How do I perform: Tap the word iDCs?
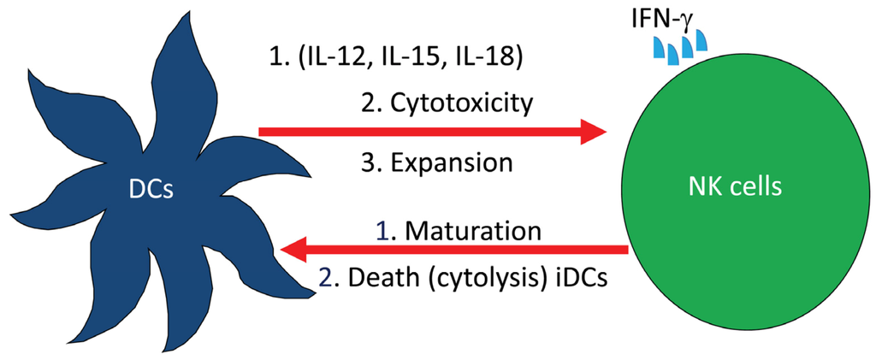[x=576, y=278]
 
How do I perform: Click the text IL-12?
[x=339, y=59]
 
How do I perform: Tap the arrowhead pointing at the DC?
[x=296, y=251]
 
